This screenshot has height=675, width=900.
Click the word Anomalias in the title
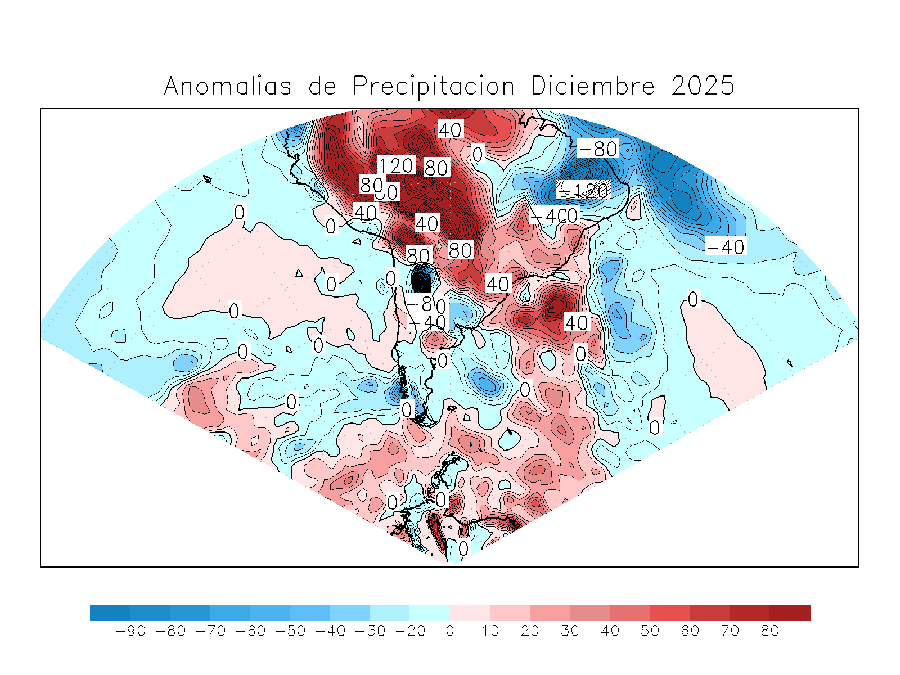click(228, 86)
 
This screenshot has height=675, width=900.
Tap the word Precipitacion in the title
click(434, 86)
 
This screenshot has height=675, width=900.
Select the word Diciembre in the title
click(593, 86)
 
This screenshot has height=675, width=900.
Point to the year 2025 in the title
click(703, 86)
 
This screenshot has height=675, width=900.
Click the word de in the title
click(322, 86)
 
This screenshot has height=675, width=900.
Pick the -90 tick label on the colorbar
click(130, 631)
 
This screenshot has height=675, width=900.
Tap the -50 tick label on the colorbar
click(290, 631)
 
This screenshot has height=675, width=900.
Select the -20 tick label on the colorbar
click(410, 631)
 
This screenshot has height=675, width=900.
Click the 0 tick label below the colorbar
click(450, 631)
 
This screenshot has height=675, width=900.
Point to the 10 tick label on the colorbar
click(490, 631)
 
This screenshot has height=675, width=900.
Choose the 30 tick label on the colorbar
click(570, 631)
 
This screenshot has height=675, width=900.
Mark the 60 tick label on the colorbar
click(690, 631)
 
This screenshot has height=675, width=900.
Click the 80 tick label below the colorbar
click(770, 631)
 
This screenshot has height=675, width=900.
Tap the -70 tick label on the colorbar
click(210, 631)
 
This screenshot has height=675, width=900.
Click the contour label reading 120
click(396, 165)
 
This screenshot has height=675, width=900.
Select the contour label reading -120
click(583, 190)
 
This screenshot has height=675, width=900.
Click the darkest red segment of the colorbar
click(790, 613)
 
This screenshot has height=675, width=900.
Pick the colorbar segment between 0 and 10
click(470, 613)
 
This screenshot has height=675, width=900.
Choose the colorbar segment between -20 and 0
click(430, 613)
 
